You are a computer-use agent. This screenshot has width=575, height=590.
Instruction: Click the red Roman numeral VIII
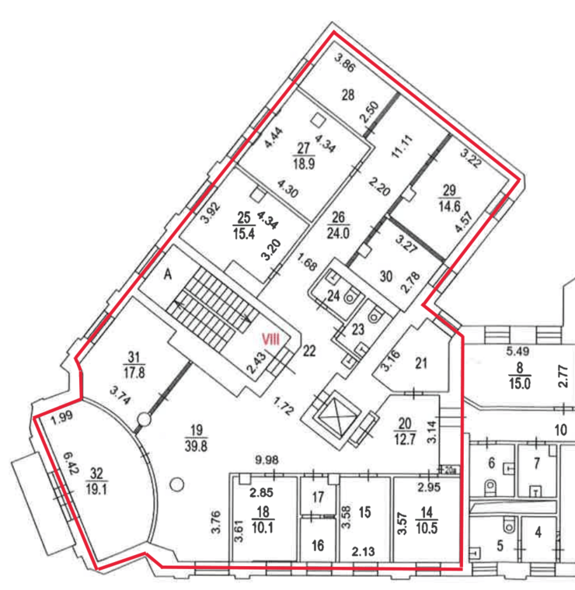270,340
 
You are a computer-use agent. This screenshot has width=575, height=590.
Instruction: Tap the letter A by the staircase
168,274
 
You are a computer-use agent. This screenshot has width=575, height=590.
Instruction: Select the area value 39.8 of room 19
196,446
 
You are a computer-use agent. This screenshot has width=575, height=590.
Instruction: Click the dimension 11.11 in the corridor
402,147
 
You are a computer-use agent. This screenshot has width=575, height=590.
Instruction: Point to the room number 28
348,95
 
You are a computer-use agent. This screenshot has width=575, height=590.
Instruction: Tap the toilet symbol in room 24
350,297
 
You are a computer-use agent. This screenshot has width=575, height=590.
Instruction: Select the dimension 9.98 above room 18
267,460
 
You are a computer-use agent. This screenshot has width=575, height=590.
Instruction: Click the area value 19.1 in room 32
96,490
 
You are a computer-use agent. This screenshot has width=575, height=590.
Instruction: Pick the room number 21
421,363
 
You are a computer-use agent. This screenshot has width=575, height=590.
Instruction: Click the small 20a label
448,470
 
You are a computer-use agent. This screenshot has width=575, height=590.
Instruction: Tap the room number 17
318,497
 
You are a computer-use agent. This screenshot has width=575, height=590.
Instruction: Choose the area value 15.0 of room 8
520,383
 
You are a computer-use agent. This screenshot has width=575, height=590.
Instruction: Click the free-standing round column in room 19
176,484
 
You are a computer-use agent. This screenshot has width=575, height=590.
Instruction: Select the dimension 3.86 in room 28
345,62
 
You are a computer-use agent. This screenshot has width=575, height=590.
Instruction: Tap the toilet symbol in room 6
490,486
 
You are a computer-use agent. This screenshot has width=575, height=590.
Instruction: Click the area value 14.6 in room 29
450,206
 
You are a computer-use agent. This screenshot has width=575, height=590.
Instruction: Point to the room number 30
386,276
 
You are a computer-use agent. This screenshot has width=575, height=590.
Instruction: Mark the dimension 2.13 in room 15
364,552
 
